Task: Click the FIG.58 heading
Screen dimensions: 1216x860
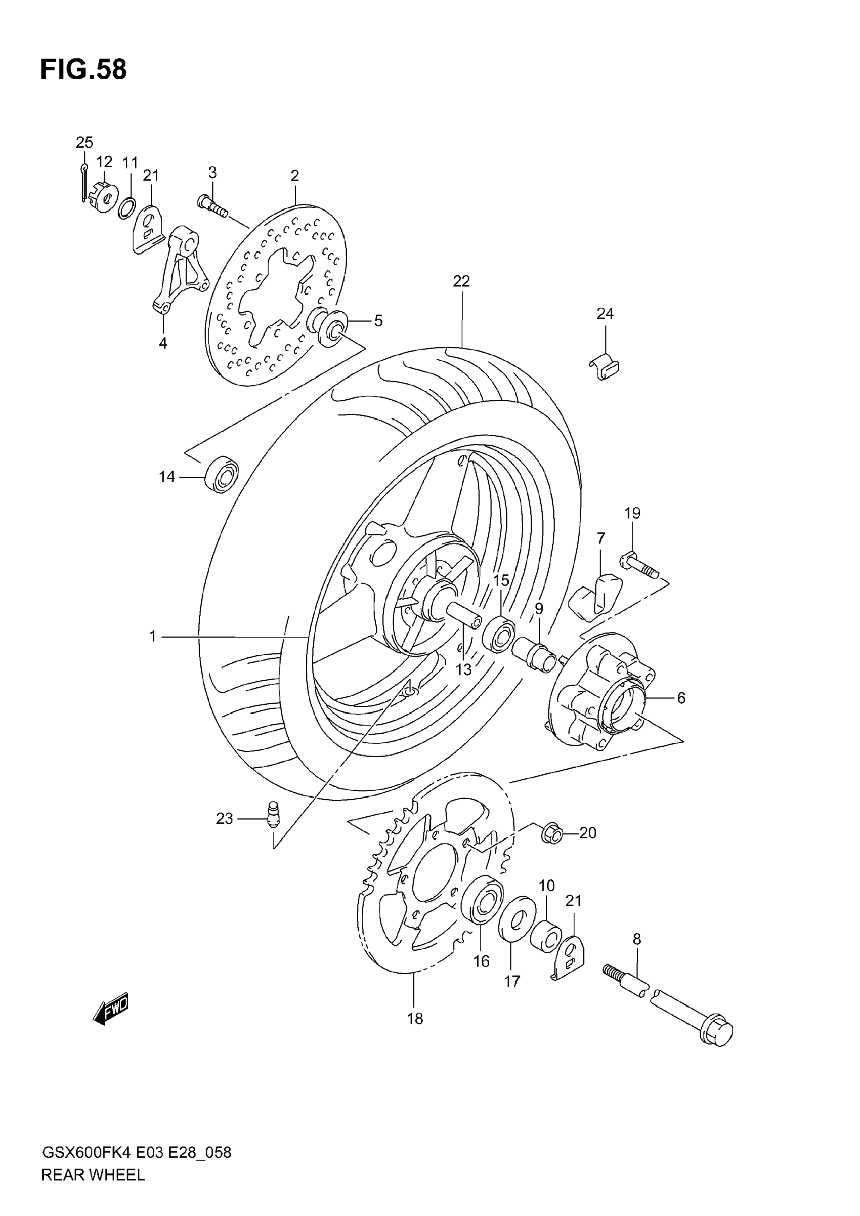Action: tap(83, 69)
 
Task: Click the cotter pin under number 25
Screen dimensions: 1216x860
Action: tap(83, 183)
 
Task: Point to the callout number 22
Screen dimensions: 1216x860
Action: tap(461, 281)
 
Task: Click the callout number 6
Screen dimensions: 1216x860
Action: tap(681, 698)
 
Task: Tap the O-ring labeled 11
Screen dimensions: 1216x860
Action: tap(127, 208)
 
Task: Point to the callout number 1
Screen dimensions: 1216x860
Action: tap(152, 636)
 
